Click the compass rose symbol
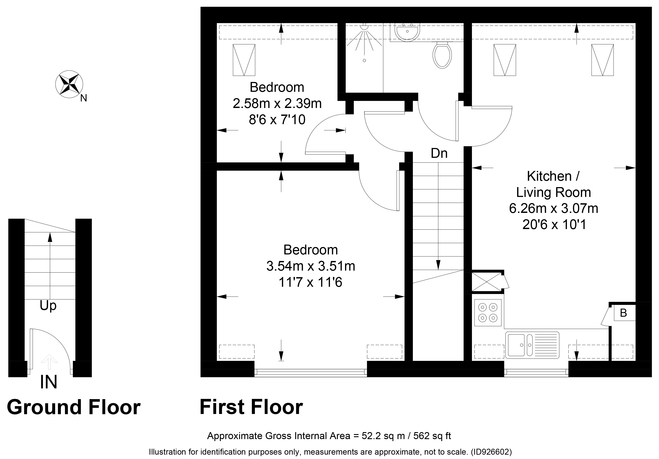pos(69,84)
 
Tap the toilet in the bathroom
pos(442,55)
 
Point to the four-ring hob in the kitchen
pos(488,313)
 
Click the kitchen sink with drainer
pos(532,345)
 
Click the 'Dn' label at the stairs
pos(439,153)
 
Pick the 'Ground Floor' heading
pos(74,407)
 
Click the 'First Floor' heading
pos(251,407)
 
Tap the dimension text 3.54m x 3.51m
pos(310,266)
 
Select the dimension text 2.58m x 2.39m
pos(277,104)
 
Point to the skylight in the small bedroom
pos(244,60)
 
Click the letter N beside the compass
pos(84,98)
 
